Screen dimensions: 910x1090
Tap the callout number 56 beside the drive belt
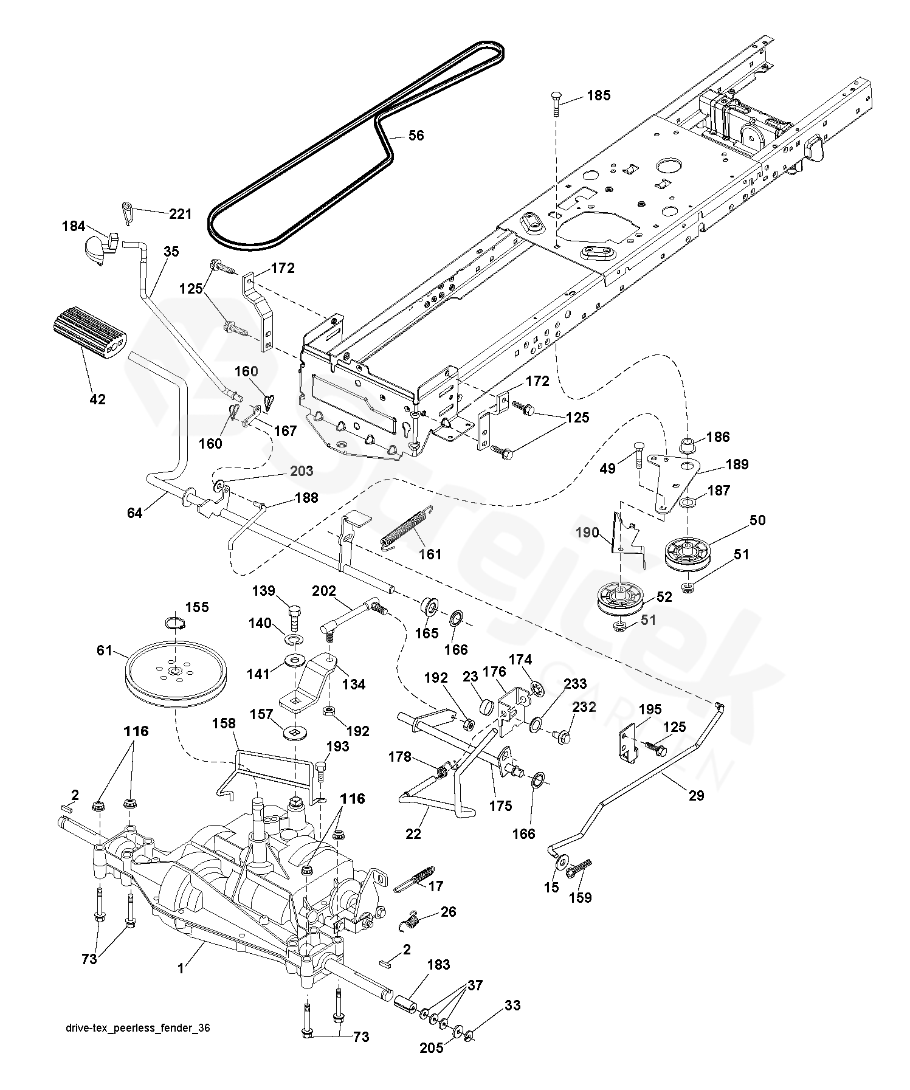point(416,136)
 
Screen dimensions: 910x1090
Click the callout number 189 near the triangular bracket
point(737,464)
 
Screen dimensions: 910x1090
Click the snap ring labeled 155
point(175,624)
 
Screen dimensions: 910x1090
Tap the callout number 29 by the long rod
point(696,796)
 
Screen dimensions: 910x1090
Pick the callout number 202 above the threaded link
point(324,590)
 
